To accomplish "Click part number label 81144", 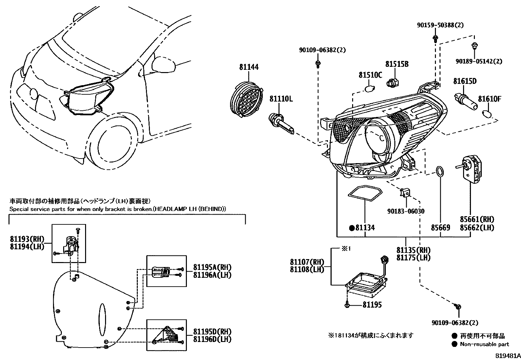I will (x=249, y=67).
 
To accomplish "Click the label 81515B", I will (x=397, y=64).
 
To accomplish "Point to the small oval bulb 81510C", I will (x=369, y=88).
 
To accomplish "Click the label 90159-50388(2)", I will (x=440, y=25).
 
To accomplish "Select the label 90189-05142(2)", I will (x=479, y=61).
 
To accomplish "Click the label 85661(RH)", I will (x=477, y=219).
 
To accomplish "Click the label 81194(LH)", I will (x=27, y=247).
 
